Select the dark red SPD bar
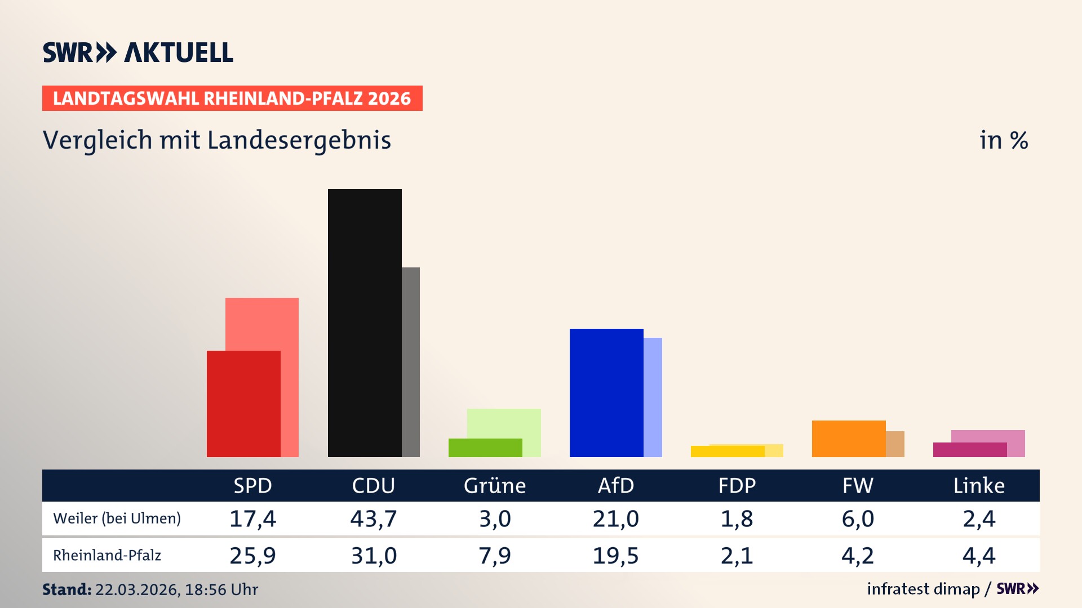pyautogui.click(x=243, y=404)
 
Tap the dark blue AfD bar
pyautogui.click(x=606, y=392)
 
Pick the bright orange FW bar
pyautogui.click(x=849, y=439)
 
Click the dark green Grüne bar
pyautogui.click(x=485, y=448)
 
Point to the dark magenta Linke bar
pyautogui.click(x=970, y=450)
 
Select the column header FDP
pyautogui.click(x=737, y=485)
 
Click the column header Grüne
pyautogui.click(x=494, y=485)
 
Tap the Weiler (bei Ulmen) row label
pyautogui.click(x=117, y=518)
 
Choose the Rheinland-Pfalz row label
pyautogui.click(x=107, y=556)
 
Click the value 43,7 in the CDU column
pyautogui.click(x=374, y=518)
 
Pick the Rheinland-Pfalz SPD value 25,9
pyautogui.click(x=252, y=556)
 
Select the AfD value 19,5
pyautogui.click(x=615, y=556)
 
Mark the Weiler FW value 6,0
pyautogui.click(x=858, y=518)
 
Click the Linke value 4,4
pyautogui.click(x=979, y=556)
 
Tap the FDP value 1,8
pyautogui.click(x=737, y=518)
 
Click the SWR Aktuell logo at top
pyautogui.click(x=138, y=52)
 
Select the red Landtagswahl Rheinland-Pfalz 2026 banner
pyautogui.click(x=232, y=99)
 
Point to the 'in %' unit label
pyautogui.click(x=1003, y=140)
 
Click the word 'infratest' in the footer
pyautogui.click(x=898, y=589)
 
